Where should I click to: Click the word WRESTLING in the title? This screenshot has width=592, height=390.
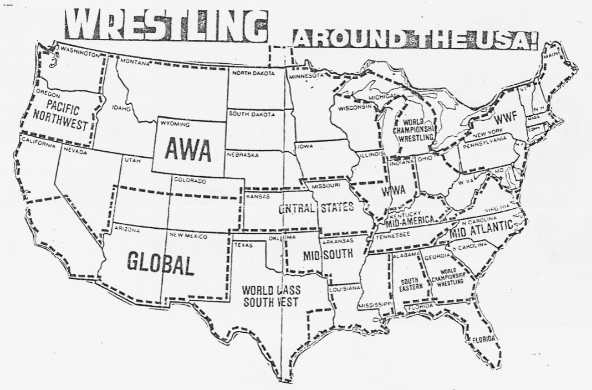tap(166, 25)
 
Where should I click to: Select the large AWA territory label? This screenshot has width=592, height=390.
tap(187, 148)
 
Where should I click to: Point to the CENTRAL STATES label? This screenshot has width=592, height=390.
tap(315, 208)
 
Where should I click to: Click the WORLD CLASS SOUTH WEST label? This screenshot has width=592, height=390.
tap(271, 296)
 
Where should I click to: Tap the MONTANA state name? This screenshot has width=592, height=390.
tap(135, 62)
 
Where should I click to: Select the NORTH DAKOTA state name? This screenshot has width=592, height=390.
tap(253, 73)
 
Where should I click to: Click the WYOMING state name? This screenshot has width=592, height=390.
tap(175, 125)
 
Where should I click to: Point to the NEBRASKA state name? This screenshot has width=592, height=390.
tap(242, 155)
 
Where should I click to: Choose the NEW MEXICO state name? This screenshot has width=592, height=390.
tap(188, 236)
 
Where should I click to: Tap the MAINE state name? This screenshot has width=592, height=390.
tap(552, 55)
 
